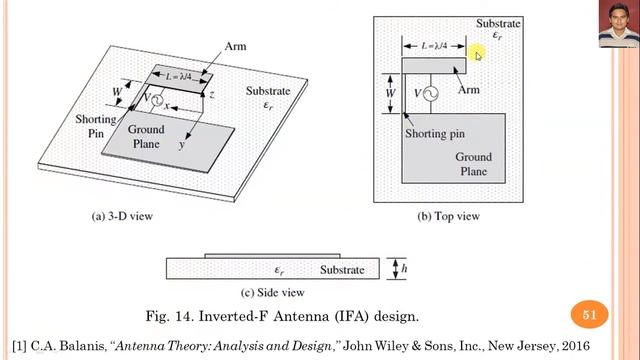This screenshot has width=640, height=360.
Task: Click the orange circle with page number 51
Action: click(x=589, y=316)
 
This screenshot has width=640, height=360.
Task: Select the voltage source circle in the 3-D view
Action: click(x=157, y=98)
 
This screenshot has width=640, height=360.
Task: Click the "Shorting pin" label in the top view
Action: click(x=436, y=133)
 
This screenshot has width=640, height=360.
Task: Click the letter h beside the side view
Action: click(x=400, y=269)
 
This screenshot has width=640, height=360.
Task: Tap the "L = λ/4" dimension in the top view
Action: click(x=428, y=45)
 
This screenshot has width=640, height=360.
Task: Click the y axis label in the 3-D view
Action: click(x=182, y=146)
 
